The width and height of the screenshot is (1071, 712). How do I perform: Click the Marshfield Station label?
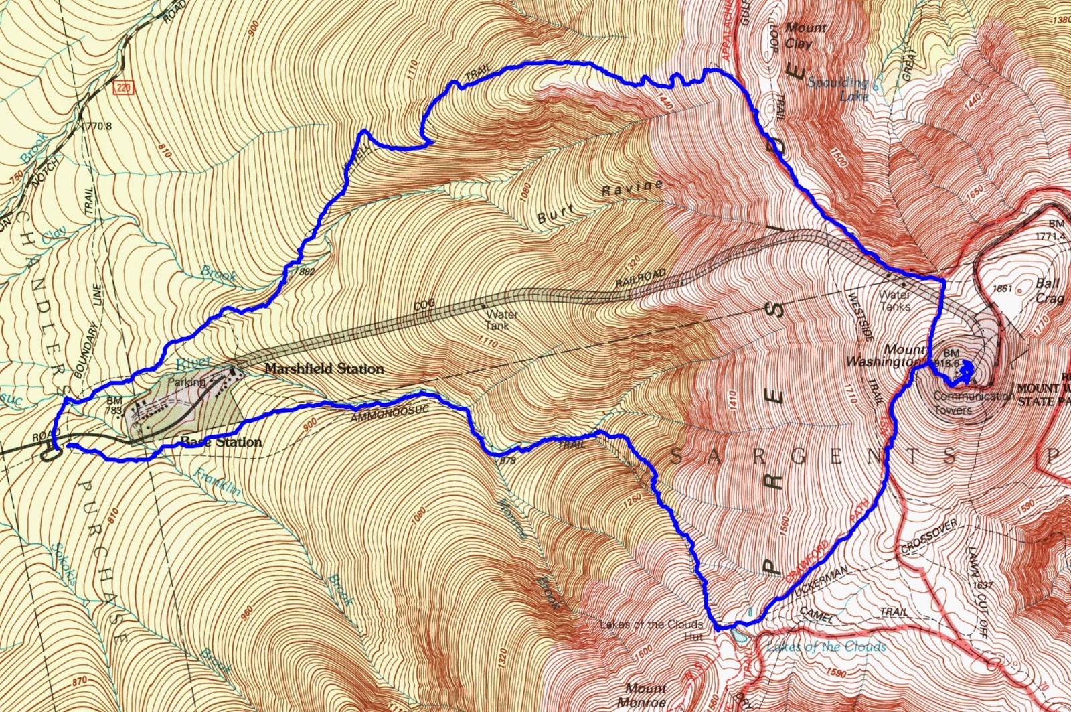tap(324, 369)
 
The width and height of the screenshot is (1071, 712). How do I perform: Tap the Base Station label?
tap(221, 442)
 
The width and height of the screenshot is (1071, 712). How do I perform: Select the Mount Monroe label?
tap(646, 695)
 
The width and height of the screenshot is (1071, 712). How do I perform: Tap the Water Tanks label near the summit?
tap(894, 300)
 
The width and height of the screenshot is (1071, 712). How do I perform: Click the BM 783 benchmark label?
tap(114, 405)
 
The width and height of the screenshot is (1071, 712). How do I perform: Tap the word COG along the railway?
tap(424, 305)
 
